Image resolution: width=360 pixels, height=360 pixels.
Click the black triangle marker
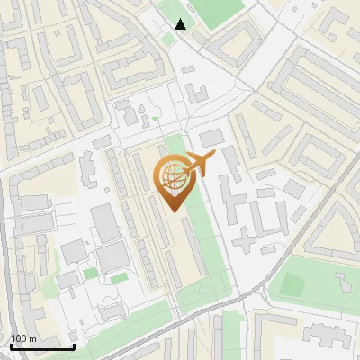tap(181, 24)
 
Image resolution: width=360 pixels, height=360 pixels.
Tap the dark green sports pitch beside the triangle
tap(216, 10)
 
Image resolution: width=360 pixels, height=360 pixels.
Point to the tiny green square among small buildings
tap(155, 118)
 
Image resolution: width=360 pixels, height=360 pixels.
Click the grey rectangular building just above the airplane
tap(211, 138)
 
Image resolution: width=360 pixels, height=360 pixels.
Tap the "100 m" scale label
tap(23, 338)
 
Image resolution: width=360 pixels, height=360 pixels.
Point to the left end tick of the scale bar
tap(11, 345)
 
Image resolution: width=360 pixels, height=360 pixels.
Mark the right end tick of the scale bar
tap(74, 345)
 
